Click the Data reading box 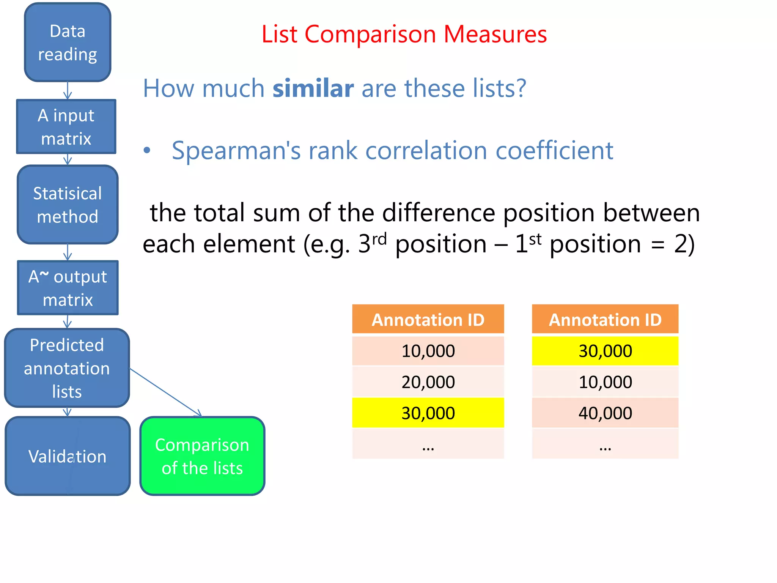68,43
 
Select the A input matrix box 66,127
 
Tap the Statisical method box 68,205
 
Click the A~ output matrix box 68,288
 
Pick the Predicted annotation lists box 67,368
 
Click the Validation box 68,456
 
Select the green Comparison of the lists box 202,456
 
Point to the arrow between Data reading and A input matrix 68,91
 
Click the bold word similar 313,88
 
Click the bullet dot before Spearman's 147,151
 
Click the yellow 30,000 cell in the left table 428,413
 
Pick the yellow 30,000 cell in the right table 605,351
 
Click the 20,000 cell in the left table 428,382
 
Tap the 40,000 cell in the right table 605,413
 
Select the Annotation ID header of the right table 605,320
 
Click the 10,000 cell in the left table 428,351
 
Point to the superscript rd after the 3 379,239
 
